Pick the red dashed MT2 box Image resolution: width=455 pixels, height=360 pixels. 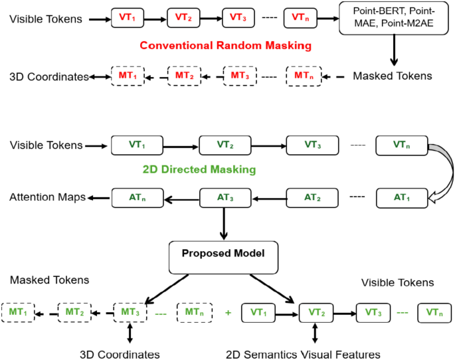coord(184,76)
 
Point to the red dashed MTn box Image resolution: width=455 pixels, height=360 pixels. coord(304,76)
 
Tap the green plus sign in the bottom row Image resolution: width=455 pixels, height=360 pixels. coord(228,312)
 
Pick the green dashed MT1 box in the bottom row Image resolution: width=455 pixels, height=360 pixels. coord(18,312)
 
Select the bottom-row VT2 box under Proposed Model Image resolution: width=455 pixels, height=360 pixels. coord(317,312)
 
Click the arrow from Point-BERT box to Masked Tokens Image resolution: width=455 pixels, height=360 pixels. coord(394,50)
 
